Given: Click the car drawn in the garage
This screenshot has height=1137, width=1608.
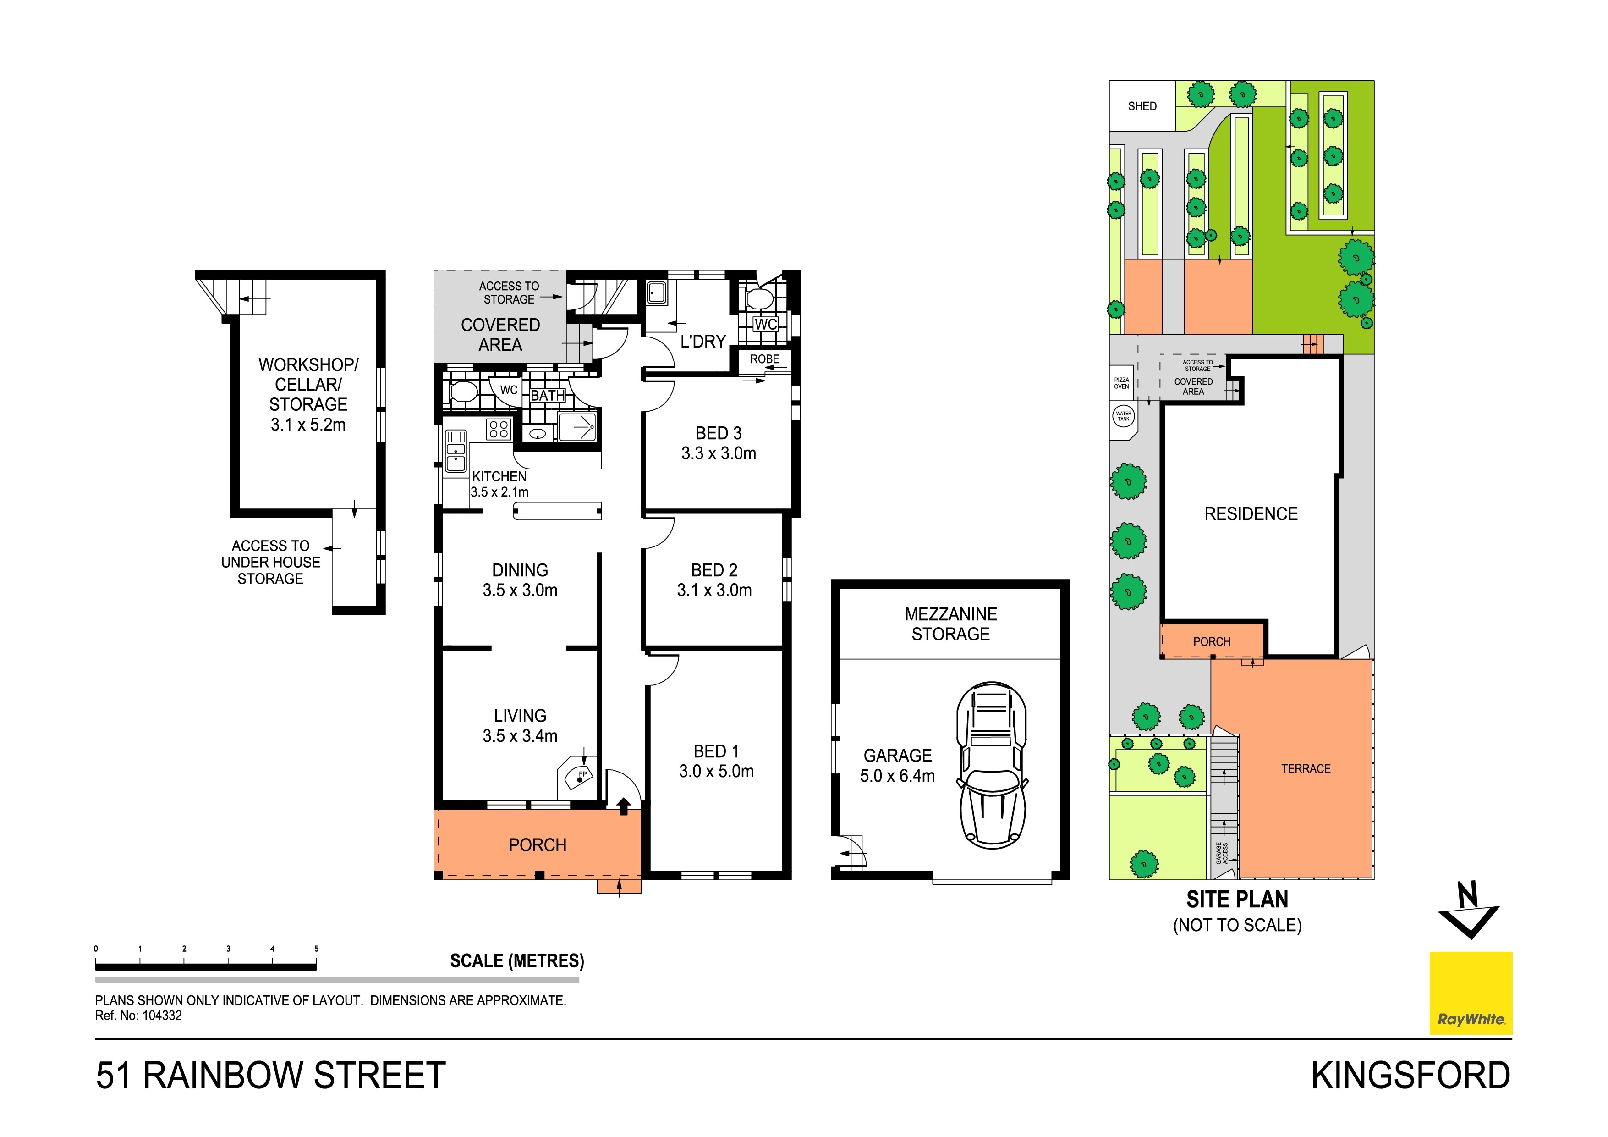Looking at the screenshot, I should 991,766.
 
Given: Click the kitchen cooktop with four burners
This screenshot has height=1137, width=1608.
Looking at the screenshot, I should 498,429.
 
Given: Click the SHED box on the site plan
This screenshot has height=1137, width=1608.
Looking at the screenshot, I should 1142,106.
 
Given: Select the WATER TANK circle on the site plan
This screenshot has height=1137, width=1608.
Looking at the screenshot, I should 1123,416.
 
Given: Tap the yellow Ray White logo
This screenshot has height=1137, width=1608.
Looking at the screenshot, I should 1470,993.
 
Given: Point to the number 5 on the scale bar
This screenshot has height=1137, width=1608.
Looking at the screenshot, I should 317,949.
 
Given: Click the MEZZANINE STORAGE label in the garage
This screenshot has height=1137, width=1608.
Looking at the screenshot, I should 950,624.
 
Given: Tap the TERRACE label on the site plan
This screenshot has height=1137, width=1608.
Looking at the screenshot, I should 1306,768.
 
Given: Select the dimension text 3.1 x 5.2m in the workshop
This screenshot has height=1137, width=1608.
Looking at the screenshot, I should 308,425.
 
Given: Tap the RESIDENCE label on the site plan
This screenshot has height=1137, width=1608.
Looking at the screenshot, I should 1250,514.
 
